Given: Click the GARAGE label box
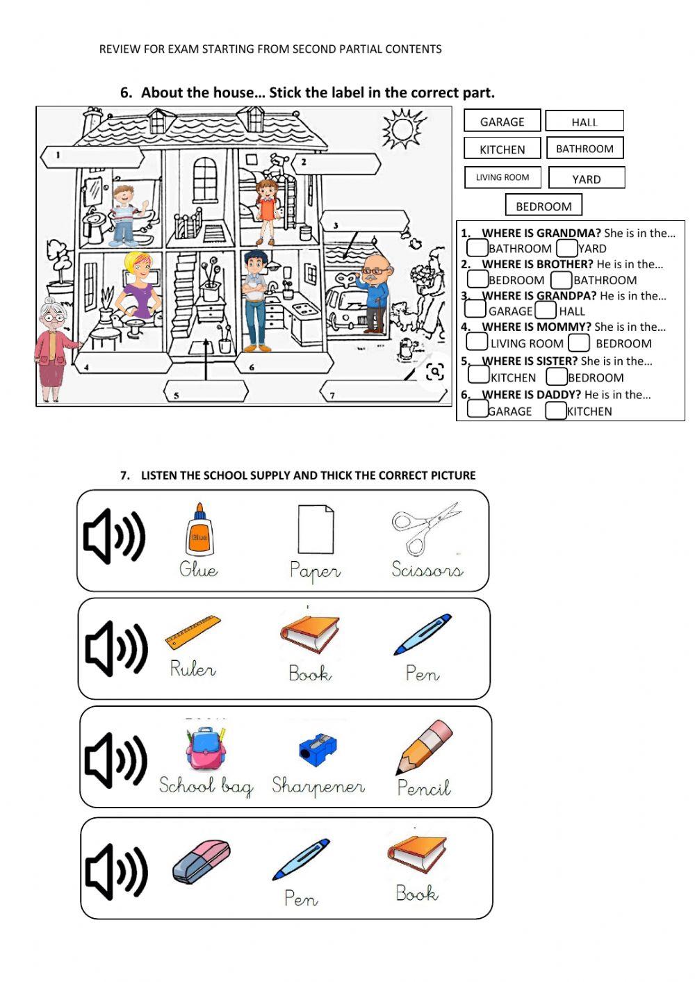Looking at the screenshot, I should pos(502,122).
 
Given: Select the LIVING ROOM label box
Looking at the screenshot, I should pos(502,177).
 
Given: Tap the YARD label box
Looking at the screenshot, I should pos(587,179).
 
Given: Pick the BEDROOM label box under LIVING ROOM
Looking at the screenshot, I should pos(543,206).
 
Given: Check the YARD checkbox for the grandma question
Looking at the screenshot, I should pos(566,248).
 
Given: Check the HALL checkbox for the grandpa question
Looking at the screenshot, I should pos(546,311).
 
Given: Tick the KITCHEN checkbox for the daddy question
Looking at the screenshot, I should pos(555,411).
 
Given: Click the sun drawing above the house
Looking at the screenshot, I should pos(402,129).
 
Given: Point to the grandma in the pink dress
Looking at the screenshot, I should pos(53,347).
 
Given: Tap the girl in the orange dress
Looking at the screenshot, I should pos(267,208).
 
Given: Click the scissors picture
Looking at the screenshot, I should pos(425,528).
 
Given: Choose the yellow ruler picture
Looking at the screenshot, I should pos(193,631).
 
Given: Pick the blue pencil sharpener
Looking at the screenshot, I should pos(318,749).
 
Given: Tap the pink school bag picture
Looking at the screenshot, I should pos(206,748).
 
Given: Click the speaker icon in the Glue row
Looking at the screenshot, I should pos(114,537).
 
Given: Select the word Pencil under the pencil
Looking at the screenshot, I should pos(424,787).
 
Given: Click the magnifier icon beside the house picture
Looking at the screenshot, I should pos(435,372).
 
